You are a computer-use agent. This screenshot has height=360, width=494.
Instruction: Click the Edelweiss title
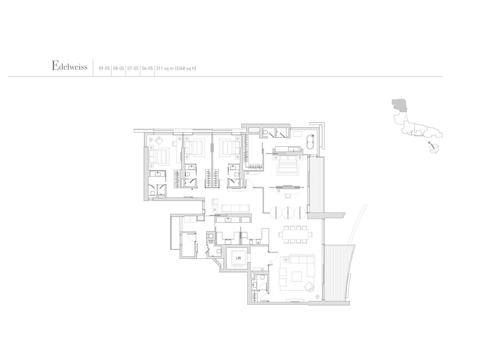pyautogui.click(x=69, y=66)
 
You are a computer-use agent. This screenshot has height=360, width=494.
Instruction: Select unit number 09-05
pyautogui.click(x=104, y=69)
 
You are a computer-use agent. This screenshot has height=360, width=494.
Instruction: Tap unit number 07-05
pyautogui.click(x=133, y=69)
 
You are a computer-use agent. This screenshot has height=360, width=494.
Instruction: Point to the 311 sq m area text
pyautogui.click(x=176, y=69)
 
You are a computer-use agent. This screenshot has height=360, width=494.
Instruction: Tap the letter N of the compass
pyautogui.click(x=429, y=143)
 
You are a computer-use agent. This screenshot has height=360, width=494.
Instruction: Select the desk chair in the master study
pyautogui.click(x=288, y=196)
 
